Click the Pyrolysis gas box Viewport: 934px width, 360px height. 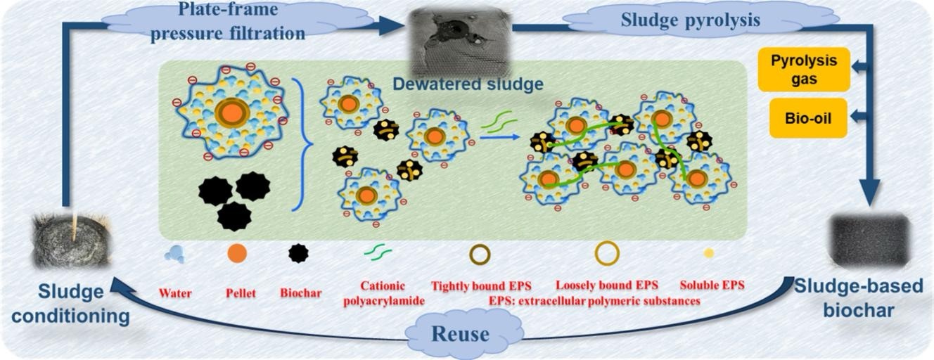pos(803,69)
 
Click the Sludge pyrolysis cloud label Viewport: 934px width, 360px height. pos(690,20)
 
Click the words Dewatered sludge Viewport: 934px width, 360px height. pos(468,84)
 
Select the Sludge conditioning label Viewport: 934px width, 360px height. pos(70,304)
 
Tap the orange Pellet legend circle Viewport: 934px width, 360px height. pos(237,253)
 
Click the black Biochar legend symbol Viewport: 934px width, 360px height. pos(299,253)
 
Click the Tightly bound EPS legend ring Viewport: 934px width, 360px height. pos(480,253)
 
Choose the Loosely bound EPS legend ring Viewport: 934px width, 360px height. pos(607,253)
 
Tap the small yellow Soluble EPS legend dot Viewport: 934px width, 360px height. pos(709,252)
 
